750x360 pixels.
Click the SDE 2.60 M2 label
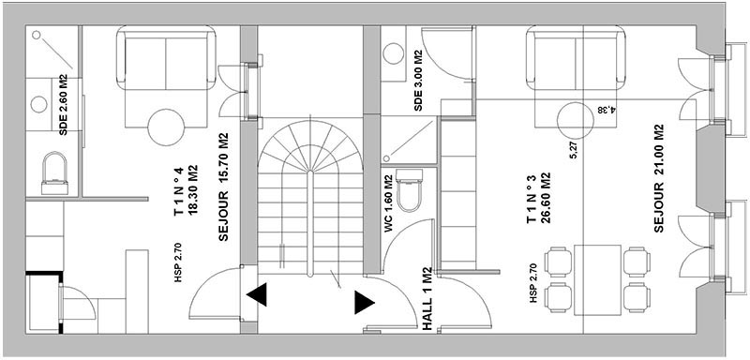(63, 105)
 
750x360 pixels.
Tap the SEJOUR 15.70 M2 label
(223, 187)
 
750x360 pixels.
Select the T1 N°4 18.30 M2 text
(186, 191)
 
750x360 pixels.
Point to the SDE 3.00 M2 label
(418, 81)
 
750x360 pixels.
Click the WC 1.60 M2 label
(388, 204)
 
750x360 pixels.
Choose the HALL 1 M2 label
(427, 299)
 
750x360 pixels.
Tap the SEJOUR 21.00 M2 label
(659, 178)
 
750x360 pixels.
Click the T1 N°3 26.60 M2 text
(538, 199)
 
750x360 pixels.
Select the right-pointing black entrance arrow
(365, 303)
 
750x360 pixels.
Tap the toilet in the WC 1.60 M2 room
(410, 190)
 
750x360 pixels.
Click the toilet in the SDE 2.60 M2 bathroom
(54, 173)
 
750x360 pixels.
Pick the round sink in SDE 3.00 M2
(394, 53)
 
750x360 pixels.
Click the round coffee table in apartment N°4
(166, 127)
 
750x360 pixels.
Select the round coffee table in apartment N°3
(576, 121)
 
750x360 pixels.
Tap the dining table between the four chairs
(597, 280)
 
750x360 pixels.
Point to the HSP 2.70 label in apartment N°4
(178, 262)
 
